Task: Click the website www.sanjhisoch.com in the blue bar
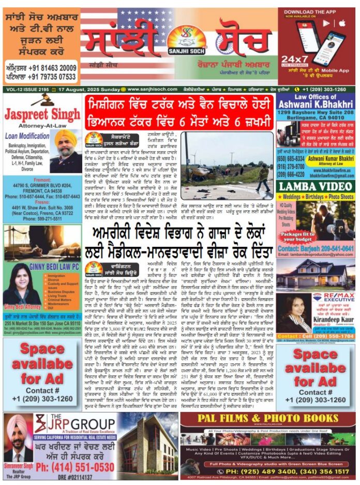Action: pyautogui.click(x=144, y=89)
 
